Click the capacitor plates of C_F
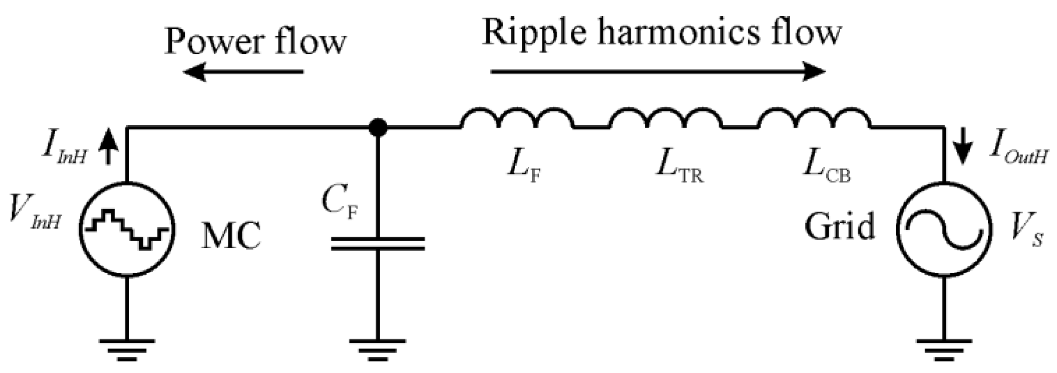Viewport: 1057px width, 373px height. pyautogui.click(x=377, y=244)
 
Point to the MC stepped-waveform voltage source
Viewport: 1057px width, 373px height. pyautogui.click(x=127, y=230)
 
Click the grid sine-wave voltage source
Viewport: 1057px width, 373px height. pyautogui.click(x=944, y=230)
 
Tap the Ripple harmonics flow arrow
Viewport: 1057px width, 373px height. pyautogui.click(x=658, y=72)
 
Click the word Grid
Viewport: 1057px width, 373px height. pyautogui.click(x=839, y=227)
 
